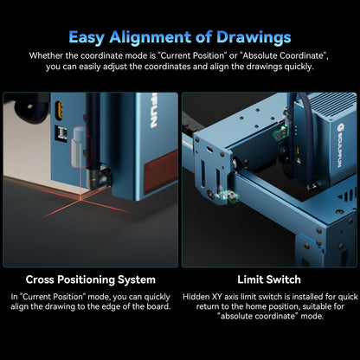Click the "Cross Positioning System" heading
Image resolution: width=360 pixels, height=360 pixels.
click(91, 280)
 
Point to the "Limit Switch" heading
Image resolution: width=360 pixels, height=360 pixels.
click(268, 280)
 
